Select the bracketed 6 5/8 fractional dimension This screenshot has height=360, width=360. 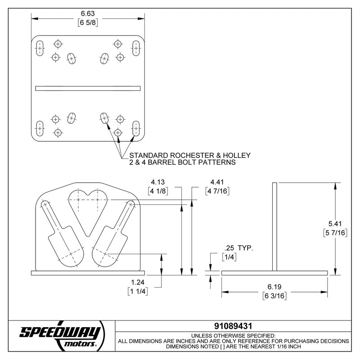click(88, 22)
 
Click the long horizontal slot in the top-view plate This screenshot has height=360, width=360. click(88, 88)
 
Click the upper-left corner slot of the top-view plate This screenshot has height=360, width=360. click(40, 48)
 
